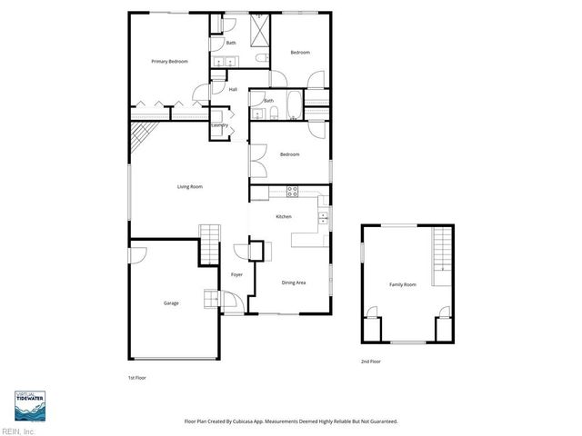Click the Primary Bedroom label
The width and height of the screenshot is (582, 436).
(169, 61)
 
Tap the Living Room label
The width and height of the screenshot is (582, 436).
(189, 186)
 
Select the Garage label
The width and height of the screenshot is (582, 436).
(170, 302)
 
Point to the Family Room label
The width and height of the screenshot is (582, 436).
(403, 285)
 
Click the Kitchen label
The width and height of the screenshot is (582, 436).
(284, 216)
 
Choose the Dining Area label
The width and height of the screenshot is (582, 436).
(293, 282)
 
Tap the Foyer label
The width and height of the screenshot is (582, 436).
(236, 274)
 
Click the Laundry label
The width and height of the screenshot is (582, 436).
(219, 124)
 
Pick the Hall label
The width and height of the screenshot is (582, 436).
(233, 89)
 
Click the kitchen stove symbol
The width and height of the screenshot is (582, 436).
(293, 191)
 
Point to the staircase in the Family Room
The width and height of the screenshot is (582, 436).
(441, 249)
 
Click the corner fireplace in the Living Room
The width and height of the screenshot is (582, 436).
(140, 137)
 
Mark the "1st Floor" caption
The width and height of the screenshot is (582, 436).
(136, 376)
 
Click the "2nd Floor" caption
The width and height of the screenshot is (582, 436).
(370, 362)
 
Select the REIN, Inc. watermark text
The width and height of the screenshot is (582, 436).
(18, 431)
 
